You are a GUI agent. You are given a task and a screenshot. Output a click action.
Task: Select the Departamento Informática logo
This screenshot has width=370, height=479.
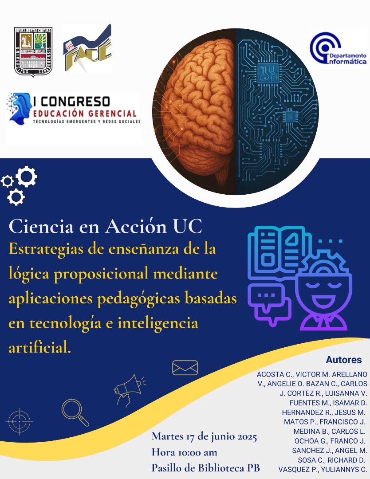click(339, 49)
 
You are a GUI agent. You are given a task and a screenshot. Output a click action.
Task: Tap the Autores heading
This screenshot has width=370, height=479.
click(344, 359)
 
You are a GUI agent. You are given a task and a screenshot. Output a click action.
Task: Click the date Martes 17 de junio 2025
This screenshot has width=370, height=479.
click(205, 436)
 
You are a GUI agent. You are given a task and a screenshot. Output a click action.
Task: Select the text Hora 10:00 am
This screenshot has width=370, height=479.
click(184, 452)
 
